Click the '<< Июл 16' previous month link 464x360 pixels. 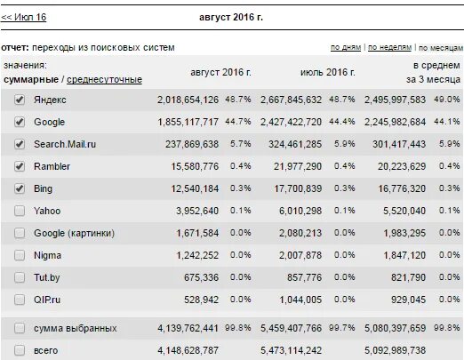(23, 17)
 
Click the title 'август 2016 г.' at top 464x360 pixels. (231, 17)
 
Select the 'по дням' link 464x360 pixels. (346, 47)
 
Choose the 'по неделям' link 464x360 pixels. (389, 47)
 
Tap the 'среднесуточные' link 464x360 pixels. (104, 80)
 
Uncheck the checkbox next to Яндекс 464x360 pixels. (20, 100)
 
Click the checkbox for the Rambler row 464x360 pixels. (20, 166)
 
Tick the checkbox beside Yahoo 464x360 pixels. (20, 211)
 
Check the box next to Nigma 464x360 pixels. (20, 255)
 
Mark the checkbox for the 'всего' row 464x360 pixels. (20, 350)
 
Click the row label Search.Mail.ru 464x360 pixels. (65, 144)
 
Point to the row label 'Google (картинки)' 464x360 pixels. (74, 233)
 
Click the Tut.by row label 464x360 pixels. (47, 277)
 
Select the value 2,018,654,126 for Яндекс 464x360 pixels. (188, 100)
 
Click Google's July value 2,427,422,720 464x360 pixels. (291, 122)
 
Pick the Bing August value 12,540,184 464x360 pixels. (195, 188)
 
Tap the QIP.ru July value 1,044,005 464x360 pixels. (300, 300)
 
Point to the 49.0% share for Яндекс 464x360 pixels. (447, 100)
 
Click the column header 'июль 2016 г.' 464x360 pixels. (328, 72)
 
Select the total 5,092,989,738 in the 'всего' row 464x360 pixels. (395, 350)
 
